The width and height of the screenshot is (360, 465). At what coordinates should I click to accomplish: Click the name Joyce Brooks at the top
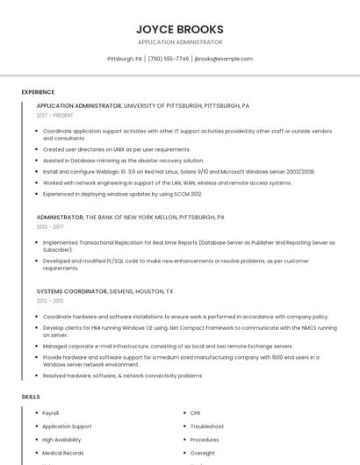pyautogui.click(x=180, y=29)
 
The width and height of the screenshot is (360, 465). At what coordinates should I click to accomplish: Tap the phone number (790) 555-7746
pyautogui.click(x=169, y=59)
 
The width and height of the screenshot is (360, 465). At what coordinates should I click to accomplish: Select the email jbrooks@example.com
pyautogui.click(x=223, y=59)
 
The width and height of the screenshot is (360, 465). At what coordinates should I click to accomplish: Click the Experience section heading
pyautogui.click(x=38, y=92)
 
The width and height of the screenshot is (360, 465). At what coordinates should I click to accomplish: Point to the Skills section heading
pyautogui.click(x=31, y=397)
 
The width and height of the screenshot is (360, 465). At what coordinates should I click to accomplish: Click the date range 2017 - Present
pyautogui.click(x=55, y=115)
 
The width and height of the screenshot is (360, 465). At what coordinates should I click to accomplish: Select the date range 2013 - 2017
pyautogui.click(x=50, y=226)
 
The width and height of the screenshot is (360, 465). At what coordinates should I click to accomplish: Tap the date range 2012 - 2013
pyautogui.click(x=50, y=301)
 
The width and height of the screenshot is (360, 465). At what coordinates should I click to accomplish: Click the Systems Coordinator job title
pyautogui.click(x=71, y=291)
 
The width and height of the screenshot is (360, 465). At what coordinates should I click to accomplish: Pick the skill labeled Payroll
pyautogui.click(x=51, y=412)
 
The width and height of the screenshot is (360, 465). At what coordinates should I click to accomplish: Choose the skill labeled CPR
pyautogui.click(x=195, y=412)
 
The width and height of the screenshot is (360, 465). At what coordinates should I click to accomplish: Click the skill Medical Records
pyautogui.click(x=63, y=453)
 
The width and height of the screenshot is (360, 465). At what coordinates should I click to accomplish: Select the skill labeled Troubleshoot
pyautogui.click(x=207, y=426)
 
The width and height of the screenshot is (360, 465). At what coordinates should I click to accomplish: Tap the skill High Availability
pyautogui.click(x=61, y=440)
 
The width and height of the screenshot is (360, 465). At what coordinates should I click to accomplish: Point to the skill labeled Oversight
pyautogui.click(x=203, y=453)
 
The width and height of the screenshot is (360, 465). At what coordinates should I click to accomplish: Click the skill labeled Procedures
pyautogui.click(x=205, y=440)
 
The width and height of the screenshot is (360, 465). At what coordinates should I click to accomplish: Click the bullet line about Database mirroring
pyautogui.click(x=123, y=161)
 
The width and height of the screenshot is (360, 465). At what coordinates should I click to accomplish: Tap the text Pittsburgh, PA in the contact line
pyautogui.click(x=124, y=59)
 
